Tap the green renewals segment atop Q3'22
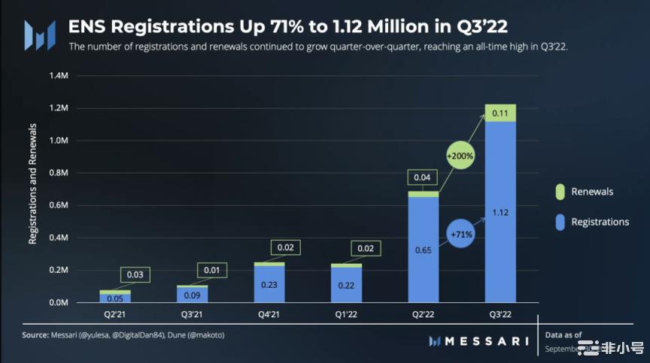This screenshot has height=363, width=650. (x=500, y=113)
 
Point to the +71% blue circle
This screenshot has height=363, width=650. (x=462, y=234)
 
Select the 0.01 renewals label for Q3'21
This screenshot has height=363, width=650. (x=211, y=269)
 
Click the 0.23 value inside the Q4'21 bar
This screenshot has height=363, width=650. (x=269, y=285)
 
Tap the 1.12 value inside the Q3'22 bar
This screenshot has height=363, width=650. (x=500, y=213)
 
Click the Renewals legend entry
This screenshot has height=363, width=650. (x=591, y=192)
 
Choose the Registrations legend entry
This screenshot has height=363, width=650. (x=600, y=222)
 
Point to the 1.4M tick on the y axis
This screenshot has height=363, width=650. (x=58, y=76)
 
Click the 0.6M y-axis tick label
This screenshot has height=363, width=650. (x=58, y=205)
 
